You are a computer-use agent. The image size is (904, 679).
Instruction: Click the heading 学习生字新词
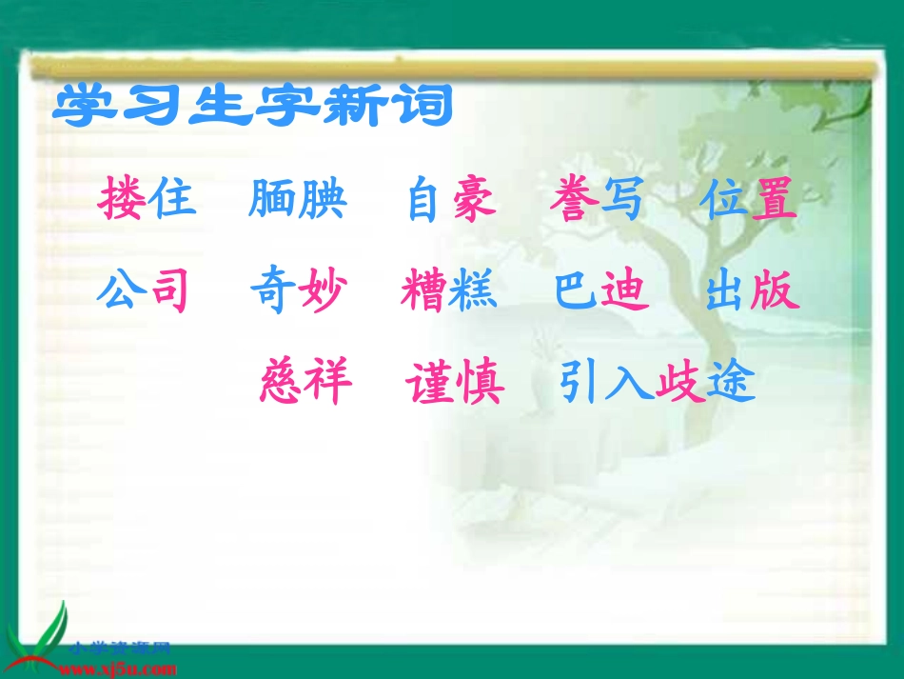[252, 107]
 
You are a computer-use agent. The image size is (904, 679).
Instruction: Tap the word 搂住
[147, 201]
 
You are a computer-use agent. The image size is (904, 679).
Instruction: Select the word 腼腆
[298, 201]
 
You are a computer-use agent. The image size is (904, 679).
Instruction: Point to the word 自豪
[452, 201]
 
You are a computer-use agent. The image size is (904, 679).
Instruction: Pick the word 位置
[750, 201]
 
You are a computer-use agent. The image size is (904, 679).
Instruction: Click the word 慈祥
[305, 383]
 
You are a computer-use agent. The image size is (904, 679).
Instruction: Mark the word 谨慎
[454, 383]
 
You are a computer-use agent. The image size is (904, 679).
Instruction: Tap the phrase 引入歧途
[657, 383]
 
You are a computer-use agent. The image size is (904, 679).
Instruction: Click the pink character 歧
[681, 383]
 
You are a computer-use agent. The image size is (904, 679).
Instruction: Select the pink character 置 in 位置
[775, 201]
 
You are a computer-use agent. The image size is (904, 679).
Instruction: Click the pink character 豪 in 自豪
[475, 201]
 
